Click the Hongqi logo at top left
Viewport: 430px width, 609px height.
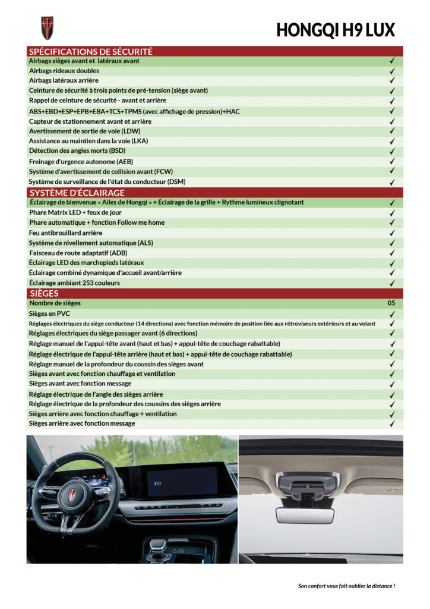tap(47, 28)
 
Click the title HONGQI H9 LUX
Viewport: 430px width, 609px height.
tap(335, 30)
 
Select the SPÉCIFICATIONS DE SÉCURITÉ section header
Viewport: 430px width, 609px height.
tap(91, 52)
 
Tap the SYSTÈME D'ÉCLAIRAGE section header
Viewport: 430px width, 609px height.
tap(77, 193)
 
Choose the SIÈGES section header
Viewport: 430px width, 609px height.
tap(44, 293)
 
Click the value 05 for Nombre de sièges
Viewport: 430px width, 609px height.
tap(391, 303)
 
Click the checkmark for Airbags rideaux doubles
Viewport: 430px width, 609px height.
tap(392, 71)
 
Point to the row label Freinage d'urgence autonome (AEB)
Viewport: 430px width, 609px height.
tap(81, 161)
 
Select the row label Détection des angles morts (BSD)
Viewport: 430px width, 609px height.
tap(77, 151)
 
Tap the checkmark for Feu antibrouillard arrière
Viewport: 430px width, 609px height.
tap(392, 233)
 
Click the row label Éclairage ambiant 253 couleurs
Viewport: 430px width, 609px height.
tap(74, 283)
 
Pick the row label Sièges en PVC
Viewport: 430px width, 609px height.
tap(49, 313)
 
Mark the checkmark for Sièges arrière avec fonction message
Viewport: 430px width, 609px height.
tap(392, 424)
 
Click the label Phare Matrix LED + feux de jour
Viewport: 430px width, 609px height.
tap(75, 212)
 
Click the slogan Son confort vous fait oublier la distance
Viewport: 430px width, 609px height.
tap(346, 586)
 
